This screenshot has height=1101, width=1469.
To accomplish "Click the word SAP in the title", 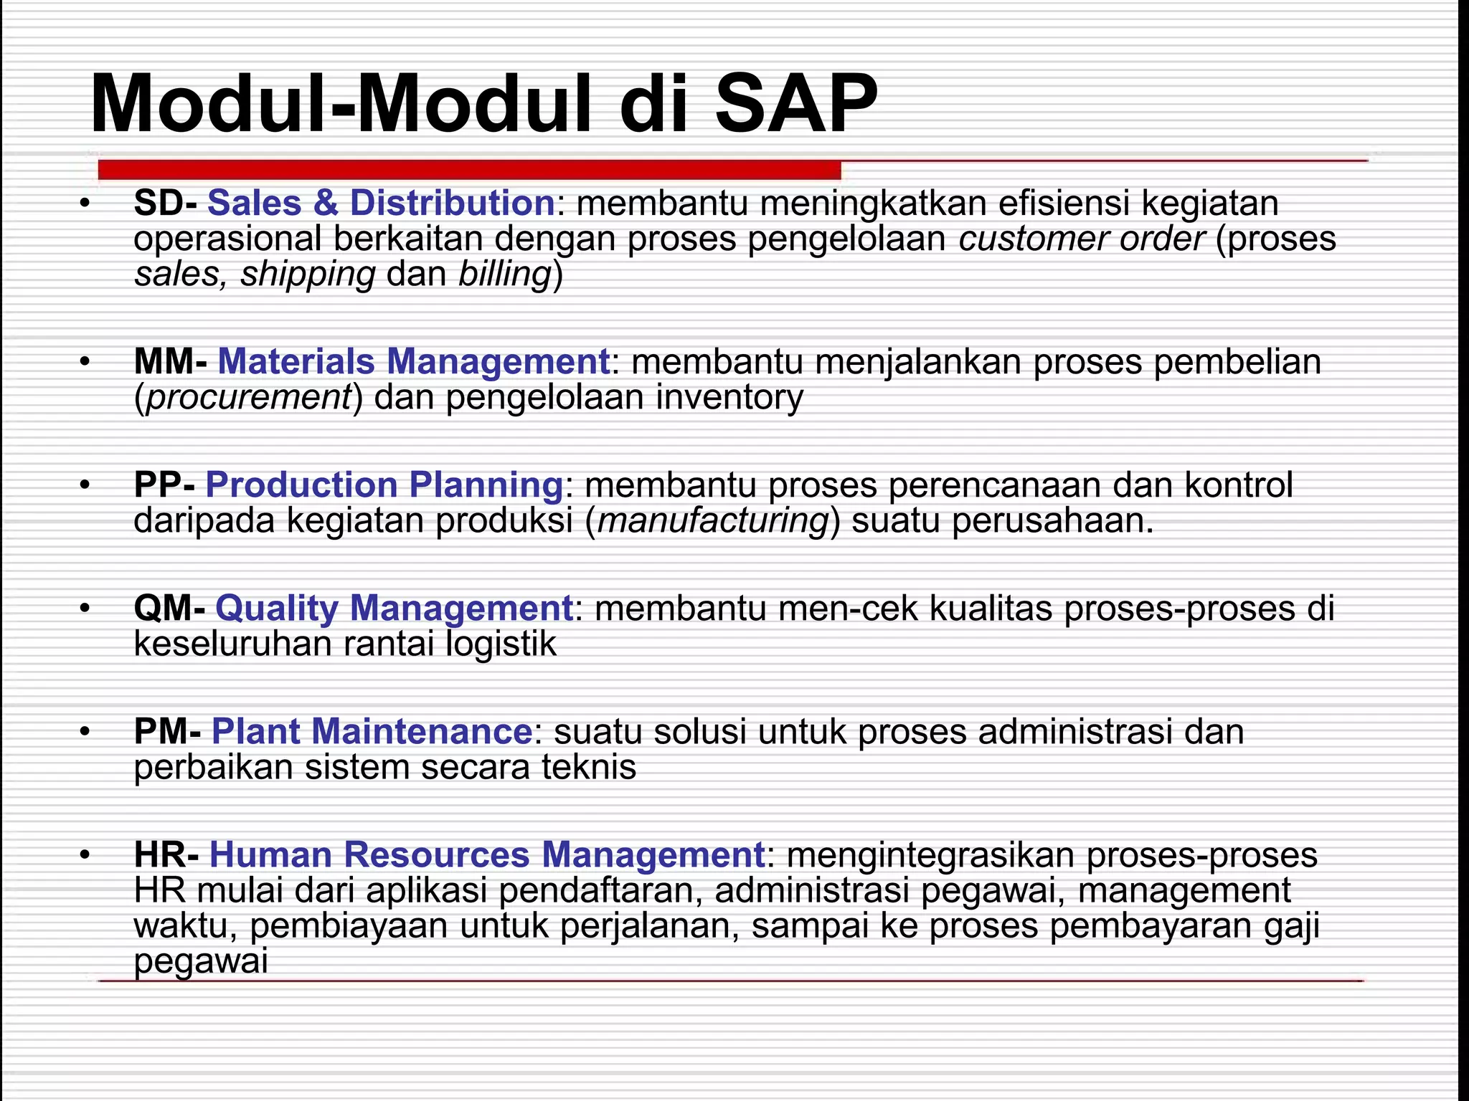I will (x=796, y=104).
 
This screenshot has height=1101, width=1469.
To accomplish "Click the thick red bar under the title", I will (x=469, y=170).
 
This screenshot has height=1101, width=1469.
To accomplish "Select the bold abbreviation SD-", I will (x=165, y=203).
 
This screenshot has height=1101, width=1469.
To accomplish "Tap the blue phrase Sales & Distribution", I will (x=381, y=203).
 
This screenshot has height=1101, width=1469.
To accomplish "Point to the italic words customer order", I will (x=1082, y=239).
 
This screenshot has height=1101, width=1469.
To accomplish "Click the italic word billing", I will (x=505, y=274).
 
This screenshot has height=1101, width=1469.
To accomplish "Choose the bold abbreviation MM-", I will (x=171, y=361).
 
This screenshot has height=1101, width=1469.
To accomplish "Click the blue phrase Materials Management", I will (x=413, y=361).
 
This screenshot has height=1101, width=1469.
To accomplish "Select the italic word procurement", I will (x=248, y=397).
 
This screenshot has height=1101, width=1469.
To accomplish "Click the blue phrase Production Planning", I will (x=384, y=485).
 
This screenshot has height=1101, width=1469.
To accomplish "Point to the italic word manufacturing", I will (x=713, y=520).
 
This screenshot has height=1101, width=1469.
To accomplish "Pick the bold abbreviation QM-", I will (x=169, y=608).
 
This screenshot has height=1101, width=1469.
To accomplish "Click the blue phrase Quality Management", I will (x=394, y=608).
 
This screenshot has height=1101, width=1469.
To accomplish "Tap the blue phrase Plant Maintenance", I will (x=372, y=731).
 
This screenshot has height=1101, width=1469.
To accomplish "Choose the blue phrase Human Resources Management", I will (x=487, y=854).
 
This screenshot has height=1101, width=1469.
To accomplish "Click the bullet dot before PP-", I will (x=85, y=486).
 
